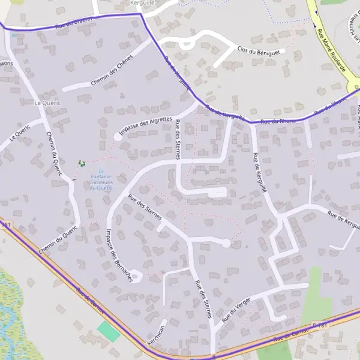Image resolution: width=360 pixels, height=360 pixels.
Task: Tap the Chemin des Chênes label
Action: coord(112,73)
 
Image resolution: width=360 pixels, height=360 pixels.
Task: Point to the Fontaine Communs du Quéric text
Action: coord(101,182)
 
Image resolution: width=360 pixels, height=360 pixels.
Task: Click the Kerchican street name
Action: coord(158,329)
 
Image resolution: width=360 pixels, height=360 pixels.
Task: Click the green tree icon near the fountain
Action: coord(82,163)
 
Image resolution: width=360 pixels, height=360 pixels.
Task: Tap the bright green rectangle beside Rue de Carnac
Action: coord(109,331)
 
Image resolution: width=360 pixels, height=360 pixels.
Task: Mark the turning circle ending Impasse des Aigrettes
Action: coord(118,137)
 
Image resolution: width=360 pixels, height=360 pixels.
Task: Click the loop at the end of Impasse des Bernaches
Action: coord(136,277)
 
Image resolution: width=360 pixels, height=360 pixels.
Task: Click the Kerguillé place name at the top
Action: coord(143,3)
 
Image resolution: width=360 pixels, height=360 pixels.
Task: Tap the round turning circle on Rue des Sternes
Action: coord(226,243)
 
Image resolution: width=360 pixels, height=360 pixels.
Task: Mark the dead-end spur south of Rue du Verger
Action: coord(277,316)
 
